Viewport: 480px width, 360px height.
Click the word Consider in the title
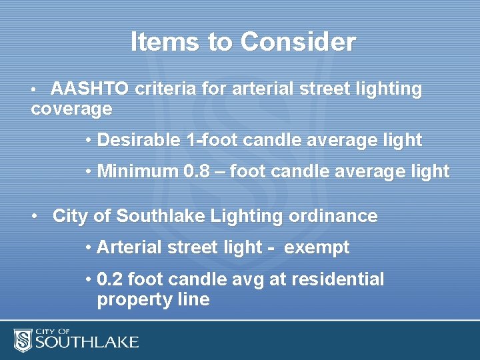point(298,42)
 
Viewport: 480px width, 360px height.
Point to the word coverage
point(71,109)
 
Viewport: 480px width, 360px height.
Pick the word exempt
point(317,247)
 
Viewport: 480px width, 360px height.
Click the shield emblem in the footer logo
point(23,339)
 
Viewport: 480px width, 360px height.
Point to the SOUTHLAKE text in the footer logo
point(87,343)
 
